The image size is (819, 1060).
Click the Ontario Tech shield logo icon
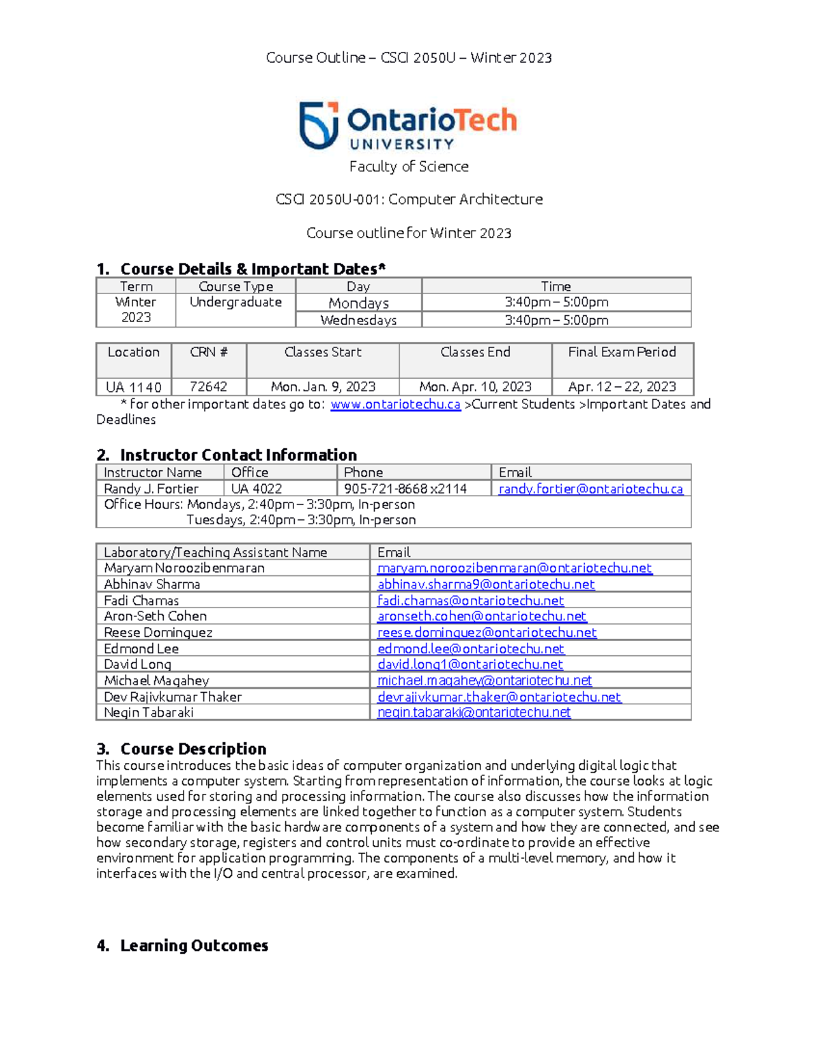click(x=319, y=125)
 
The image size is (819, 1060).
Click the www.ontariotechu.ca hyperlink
click(x=395, y=404)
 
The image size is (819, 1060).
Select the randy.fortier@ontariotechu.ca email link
click(x=590, y=489)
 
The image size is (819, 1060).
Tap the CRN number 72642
click(x=208, y=387)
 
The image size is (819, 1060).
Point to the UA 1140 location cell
click(x=133, y=387)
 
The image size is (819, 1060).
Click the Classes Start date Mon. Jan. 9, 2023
click(x=323, y=387)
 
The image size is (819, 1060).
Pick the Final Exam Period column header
click(x=622, y=352)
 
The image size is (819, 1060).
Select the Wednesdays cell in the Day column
click(x=358, y=320)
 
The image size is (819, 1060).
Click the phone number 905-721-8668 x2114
click(x=405, y=489)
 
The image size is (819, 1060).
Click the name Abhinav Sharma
click(x=152, y=584)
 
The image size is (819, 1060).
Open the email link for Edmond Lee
click(x=470, y=648)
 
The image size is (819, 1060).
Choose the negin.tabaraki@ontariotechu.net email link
click(x=474, y=712)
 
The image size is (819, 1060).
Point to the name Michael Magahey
click(x=156, y=681)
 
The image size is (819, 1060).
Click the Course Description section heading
click(x=193, y=749)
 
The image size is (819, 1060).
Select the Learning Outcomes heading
click(x=194, y=945)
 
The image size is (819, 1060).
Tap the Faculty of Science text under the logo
click(x=409, y=167)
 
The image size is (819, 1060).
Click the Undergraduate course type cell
click(x=235, y=302)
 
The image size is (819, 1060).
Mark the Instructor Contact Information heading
click(x=238, y=455)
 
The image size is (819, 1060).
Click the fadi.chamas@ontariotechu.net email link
click(x=470, y=601)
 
